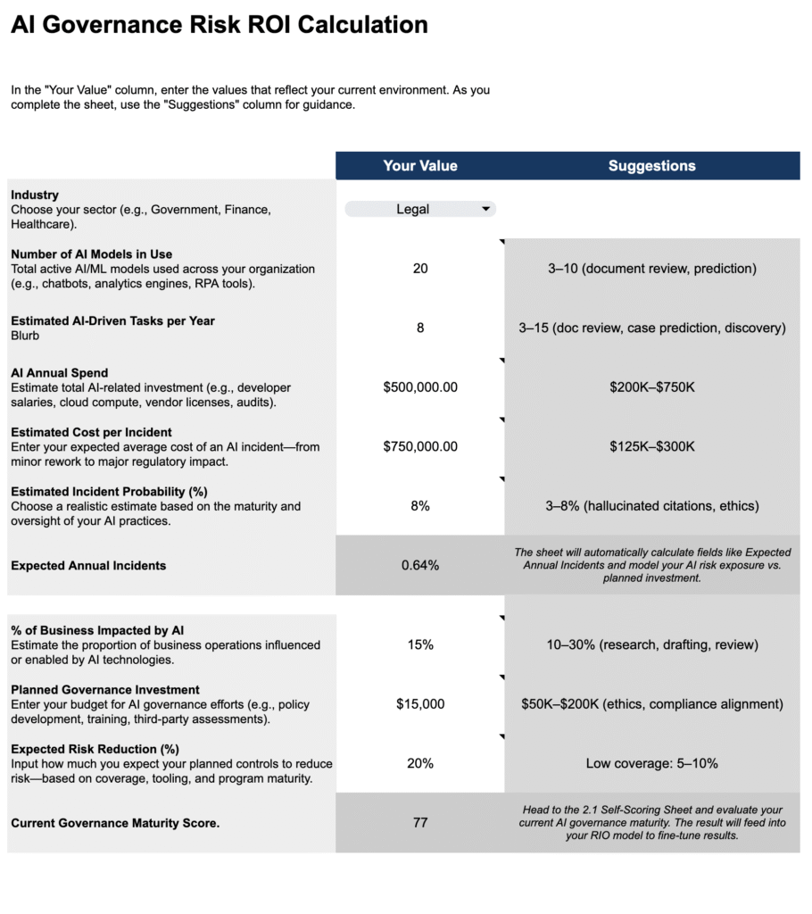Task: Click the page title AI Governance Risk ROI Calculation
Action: (220, 25)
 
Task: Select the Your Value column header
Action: (419, 166)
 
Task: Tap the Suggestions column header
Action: (651, 166)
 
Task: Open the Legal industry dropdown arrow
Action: (485, 209)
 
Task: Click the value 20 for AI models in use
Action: (419, 269)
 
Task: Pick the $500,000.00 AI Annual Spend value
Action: (419, 387)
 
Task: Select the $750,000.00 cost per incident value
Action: (419, 446)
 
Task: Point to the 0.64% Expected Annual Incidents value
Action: (419, 565)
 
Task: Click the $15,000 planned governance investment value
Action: (419, 704)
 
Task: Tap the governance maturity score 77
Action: (419, 823)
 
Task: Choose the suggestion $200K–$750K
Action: (651, 387)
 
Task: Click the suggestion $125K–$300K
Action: (651, 446)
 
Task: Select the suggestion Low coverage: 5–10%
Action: (651, 764)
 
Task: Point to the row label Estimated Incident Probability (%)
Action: (109, 492)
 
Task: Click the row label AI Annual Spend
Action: (60, 373)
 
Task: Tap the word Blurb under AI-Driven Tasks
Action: (25, 336)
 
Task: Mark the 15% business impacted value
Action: (419, 644)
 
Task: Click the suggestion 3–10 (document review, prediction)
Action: (651, 269)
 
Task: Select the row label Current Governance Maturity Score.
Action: (115, 823)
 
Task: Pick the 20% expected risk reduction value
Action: (419, 764)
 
